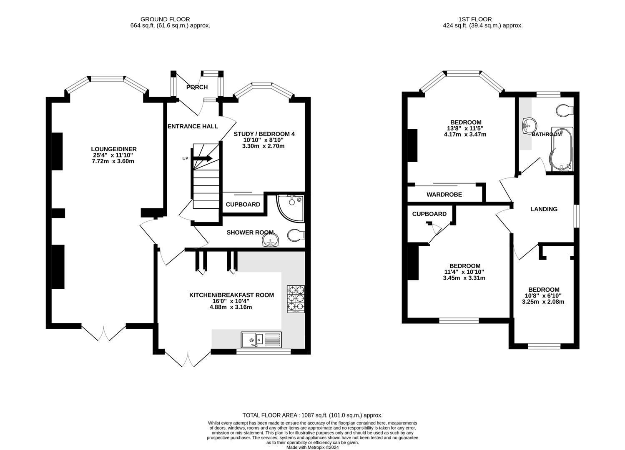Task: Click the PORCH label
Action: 197,87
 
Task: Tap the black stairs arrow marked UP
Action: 206,158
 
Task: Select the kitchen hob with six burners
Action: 296,299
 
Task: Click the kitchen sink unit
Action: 261,340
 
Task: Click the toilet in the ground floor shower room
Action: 296,235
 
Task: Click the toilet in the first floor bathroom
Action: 565,110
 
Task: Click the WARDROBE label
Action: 444,195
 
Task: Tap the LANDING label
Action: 544,209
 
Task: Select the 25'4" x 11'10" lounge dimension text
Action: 113,155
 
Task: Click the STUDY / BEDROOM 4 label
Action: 264,134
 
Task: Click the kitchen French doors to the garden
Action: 188,359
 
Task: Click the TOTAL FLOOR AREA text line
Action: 312,415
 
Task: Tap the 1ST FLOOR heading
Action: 475,19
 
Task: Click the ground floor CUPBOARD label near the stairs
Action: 243,204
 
